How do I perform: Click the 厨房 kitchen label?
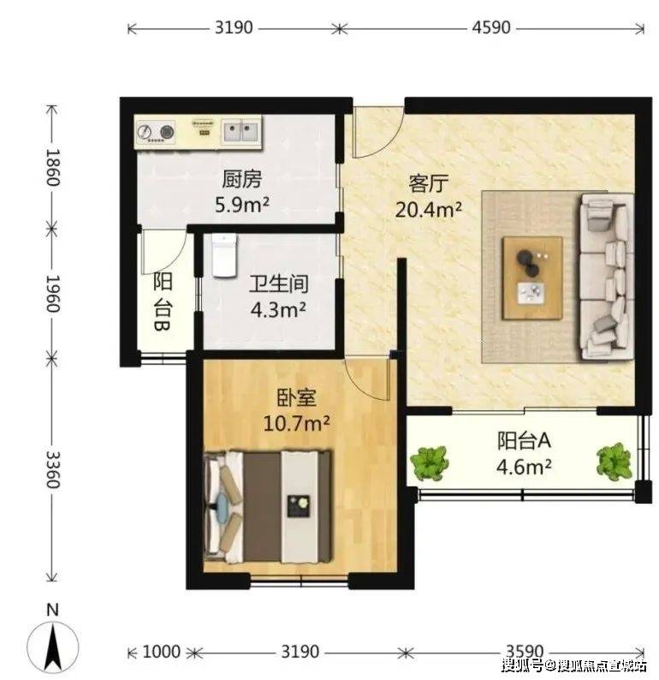[241, 179]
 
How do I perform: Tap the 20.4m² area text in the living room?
[428, 210]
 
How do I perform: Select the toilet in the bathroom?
[224, 255]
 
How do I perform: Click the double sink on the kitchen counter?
[240, 132]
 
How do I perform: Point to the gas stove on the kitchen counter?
[156, 132]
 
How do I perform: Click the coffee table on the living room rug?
[532, 278]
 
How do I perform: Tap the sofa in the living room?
[605, 277]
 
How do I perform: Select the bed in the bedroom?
[268, 507]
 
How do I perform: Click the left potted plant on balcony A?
[429, 463]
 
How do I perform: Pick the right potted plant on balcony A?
[614, 462]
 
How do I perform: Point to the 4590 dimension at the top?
[491, 27]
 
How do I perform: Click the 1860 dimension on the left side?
[53, 167]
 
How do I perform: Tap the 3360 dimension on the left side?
[53, 469]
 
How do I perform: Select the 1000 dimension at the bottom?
[161, 652]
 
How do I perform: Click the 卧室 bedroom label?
[296, 398]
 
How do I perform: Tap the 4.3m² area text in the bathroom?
[278, 310]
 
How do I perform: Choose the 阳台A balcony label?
[524, 441]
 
